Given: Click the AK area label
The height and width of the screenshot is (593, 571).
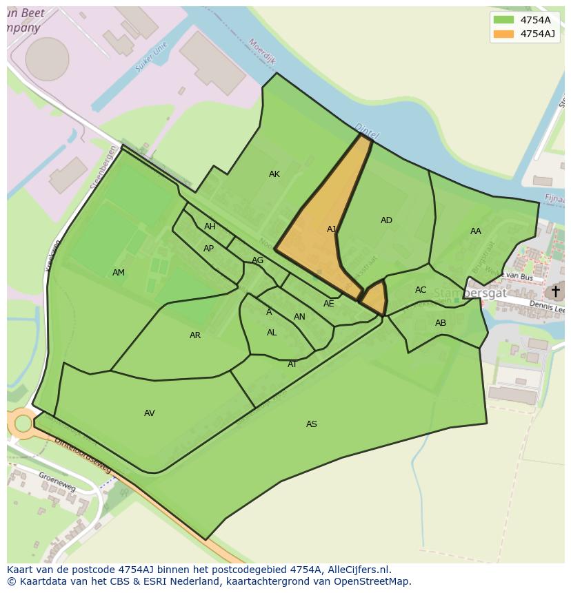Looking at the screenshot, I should pos(274,174).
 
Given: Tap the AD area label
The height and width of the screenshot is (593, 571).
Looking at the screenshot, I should pos(386,220).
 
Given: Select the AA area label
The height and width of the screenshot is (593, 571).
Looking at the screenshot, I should pos(476,231).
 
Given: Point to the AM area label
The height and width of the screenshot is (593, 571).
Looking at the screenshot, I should pos(119,273).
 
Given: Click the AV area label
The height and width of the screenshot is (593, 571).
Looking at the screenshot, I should pos(150,413).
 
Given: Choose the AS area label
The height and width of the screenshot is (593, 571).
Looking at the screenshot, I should pos(312,424).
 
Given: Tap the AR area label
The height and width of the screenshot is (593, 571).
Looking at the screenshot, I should pos(195,335).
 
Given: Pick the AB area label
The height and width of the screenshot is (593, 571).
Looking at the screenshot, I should pos(441,323).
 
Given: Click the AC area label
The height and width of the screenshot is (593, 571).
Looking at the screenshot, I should pos(421,290).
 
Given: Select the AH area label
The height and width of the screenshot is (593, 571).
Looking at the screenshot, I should pos(210,227).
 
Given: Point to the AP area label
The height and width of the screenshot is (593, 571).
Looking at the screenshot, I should pos(208,249).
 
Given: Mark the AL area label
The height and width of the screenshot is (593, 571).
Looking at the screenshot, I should pos(272,333).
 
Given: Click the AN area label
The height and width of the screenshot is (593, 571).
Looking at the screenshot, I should pos(299,317).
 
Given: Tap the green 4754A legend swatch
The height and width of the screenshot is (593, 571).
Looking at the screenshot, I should pos(504,20).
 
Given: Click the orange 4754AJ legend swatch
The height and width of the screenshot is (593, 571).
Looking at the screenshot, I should pos(504,34).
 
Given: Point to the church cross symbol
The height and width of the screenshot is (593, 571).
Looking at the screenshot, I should pos(556,291).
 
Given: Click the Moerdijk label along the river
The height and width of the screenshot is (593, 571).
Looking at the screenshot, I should pos(263,51).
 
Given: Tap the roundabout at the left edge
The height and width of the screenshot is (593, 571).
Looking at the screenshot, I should pos(23,423).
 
